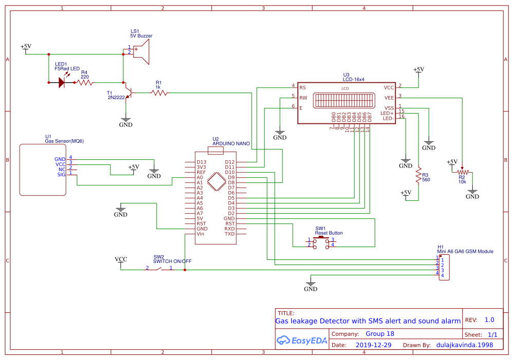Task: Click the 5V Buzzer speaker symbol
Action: [141, 52]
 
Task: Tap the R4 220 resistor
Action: [85, 82]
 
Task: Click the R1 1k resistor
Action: [159, 92]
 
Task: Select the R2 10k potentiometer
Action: [463, 172]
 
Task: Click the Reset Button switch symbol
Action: [321, 242]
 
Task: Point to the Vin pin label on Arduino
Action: [201, 234]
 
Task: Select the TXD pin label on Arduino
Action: [230, 234]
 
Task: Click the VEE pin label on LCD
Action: [389, 97]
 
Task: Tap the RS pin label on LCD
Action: [302, 87]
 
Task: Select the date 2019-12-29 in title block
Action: [373, 345]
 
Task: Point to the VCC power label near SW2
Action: [121, 259]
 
